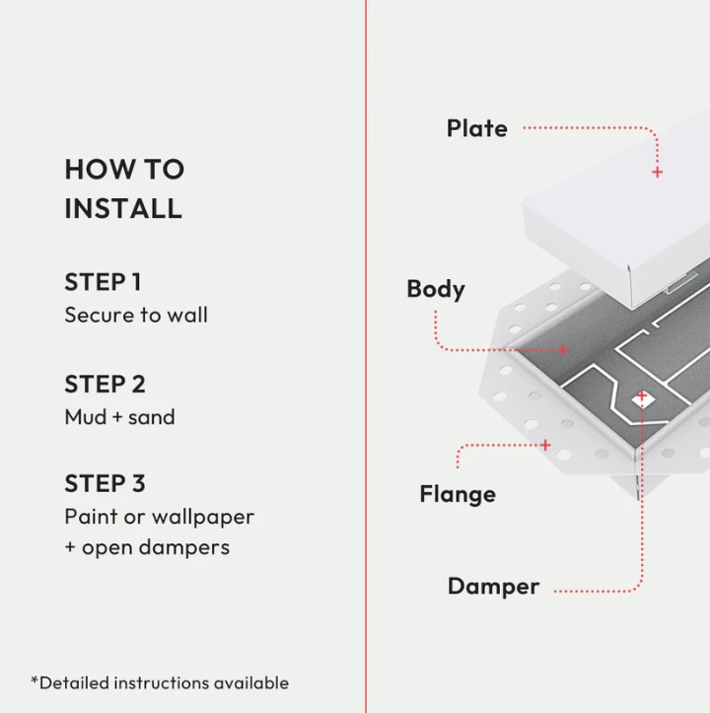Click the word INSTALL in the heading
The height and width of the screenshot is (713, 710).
[123, 209]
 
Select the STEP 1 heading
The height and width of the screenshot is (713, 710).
[104, 282]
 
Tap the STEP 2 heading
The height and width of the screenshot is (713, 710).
[106, 385]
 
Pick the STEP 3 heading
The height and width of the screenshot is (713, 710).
[106, 483]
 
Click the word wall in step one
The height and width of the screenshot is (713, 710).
[187, 315]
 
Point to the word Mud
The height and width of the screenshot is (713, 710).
[86, 417]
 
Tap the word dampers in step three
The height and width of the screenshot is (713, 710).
[184, 548]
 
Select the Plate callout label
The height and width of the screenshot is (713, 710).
[477, 128]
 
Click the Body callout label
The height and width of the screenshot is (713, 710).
[436, 290]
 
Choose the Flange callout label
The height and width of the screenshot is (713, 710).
[458, 495]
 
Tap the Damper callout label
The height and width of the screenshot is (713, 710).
[493, 587]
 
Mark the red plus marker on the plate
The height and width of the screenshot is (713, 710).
[657, 173]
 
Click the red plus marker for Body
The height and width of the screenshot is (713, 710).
[563, 350]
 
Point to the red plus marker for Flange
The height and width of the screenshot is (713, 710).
[545, 445]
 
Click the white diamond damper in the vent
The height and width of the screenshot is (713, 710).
[643, 400]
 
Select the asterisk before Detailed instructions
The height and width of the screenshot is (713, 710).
[35, 679]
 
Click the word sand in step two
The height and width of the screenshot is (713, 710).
[152, 417]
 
